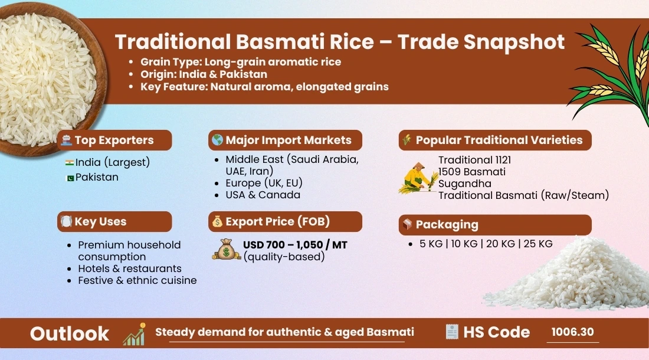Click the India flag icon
point(69,162)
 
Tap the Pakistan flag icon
point(69,178)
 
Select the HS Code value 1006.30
point(572,332)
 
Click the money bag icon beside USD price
point(227,250)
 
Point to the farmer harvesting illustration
point(418,178)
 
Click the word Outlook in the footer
point(70,333)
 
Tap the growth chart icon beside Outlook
point(134,333)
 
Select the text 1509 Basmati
point(471,172)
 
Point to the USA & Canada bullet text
point(263,195)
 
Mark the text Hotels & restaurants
point(130,269)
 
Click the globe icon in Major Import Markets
point(217,140)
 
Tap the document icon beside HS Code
point(452,332)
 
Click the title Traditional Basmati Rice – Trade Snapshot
point(339,42)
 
